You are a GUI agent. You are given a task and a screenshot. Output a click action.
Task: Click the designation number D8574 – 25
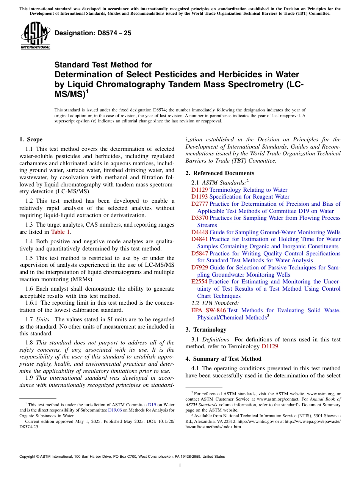93,33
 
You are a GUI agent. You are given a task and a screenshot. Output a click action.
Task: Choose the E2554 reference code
199,282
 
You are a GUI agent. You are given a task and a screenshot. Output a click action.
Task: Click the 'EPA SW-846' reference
208,310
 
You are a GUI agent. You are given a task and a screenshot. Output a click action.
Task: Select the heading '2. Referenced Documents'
220,173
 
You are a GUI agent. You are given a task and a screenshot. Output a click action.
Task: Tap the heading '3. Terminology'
206,330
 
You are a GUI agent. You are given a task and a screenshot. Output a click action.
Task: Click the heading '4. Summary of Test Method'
223,359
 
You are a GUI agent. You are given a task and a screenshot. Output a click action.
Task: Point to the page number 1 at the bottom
180,466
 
